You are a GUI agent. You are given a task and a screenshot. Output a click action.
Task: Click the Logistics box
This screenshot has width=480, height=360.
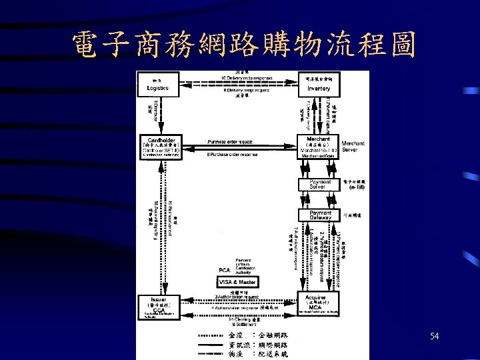point(157,85)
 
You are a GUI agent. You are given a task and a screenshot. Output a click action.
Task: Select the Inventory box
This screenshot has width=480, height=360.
point(318,85)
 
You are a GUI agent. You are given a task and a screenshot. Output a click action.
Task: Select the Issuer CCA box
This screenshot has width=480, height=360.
point(157,306)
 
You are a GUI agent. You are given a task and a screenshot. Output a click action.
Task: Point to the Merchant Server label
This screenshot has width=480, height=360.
point(353,147)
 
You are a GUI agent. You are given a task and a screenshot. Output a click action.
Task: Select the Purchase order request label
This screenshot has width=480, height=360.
point(230,142)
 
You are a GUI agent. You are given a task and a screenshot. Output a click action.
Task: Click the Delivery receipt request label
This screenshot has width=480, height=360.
point(246,90)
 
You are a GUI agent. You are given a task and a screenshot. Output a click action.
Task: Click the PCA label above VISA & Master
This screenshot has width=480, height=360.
point(225,269)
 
